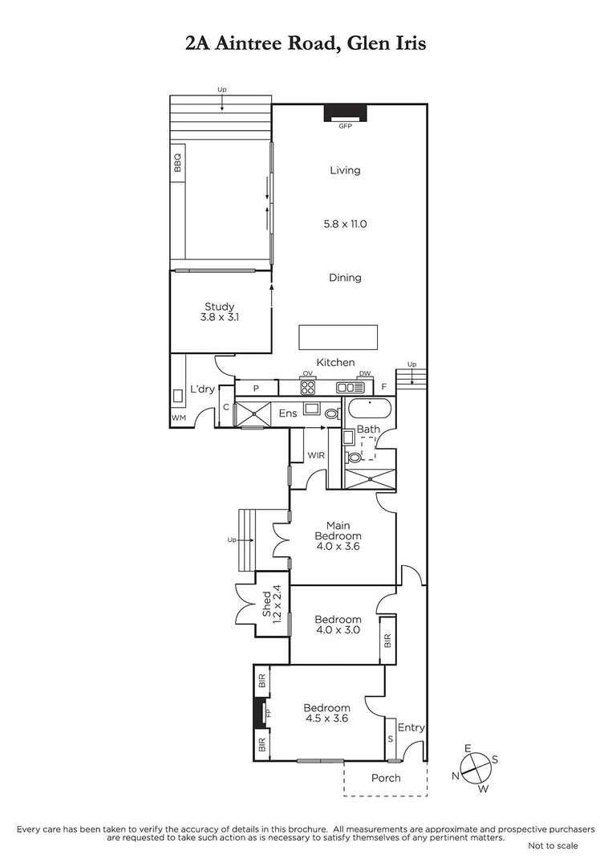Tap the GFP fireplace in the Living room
(x=346, y=113)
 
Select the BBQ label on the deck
(x=178, y=163)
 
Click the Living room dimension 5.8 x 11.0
(x=345, y=224)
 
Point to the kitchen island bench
(x=338, y=337)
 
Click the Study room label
(x=220, y=311)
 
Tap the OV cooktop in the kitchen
(x=307, y=387)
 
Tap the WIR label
(x=316, y=455)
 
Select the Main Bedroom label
(x=338, y=536)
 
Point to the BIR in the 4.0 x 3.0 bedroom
(x=388, y=640)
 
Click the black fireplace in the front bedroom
(x=259, y=712)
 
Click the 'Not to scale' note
(x=553, y=845)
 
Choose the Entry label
(x=411, y=727)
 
